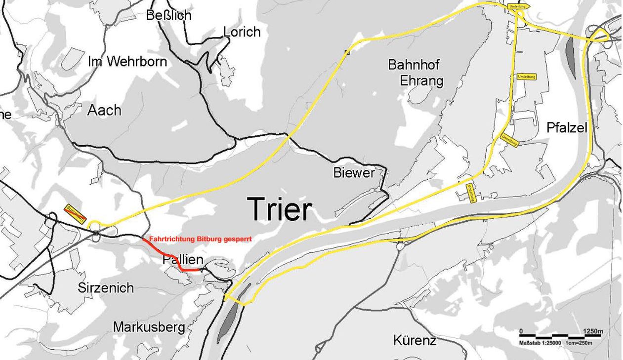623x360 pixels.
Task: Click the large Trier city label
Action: click(x=280, y=209)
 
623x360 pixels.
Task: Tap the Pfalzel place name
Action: click(x=567, y=128)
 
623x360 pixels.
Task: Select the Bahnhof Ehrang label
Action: click(x=414, y=73)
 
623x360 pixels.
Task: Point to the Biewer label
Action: click(x=354, y=173)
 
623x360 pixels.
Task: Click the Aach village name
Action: click(x=104, y=110)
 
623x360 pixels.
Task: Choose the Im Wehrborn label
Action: click(x=127, y=62)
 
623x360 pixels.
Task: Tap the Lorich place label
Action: click(x=242, y=32)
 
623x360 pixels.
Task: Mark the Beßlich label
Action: click(x=168, y=15)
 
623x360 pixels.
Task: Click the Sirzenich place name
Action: click(x=105, y=287)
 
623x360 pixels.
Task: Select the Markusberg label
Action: click(x=149, y=327)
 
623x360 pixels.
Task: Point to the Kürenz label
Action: click(x=415, y=340)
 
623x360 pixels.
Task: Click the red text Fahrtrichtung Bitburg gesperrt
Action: click(x=200, y=239)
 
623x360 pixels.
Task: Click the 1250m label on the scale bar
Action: click(x=593, y=331)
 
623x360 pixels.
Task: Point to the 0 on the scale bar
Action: click(x=521, y=331)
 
